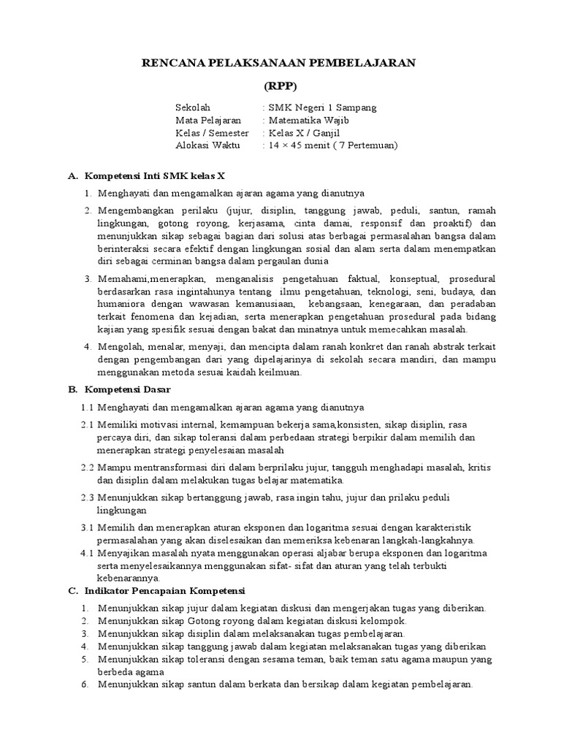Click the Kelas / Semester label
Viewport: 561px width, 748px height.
pyautogui.click(x=212, y=133)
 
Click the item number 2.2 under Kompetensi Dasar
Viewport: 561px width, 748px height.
pyautogui.click(x=87, y=466)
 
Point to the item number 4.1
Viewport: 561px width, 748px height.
pyautogui.click(x=87, y=553)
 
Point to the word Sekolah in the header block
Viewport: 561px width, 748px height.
pyautogui.click(x=193, y=107)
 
